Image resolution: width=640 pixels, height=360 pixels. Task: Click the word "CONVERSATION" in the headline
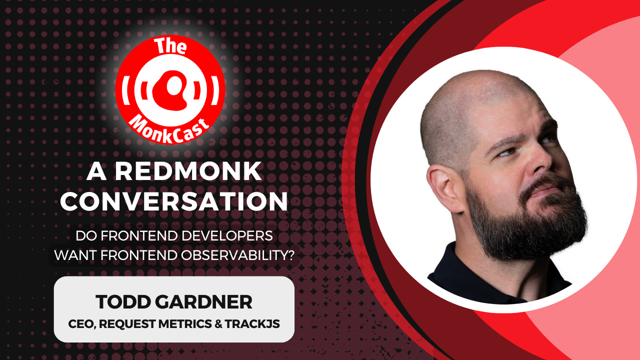[177, 201]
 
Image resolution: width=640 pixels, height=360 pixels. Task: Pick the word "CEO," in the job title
[81, 323]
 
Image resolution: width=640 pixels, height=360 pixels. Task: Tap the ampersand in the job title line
[218, 323]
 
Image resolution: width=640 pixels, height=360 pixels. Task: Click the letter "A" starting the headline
[95, 172]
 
